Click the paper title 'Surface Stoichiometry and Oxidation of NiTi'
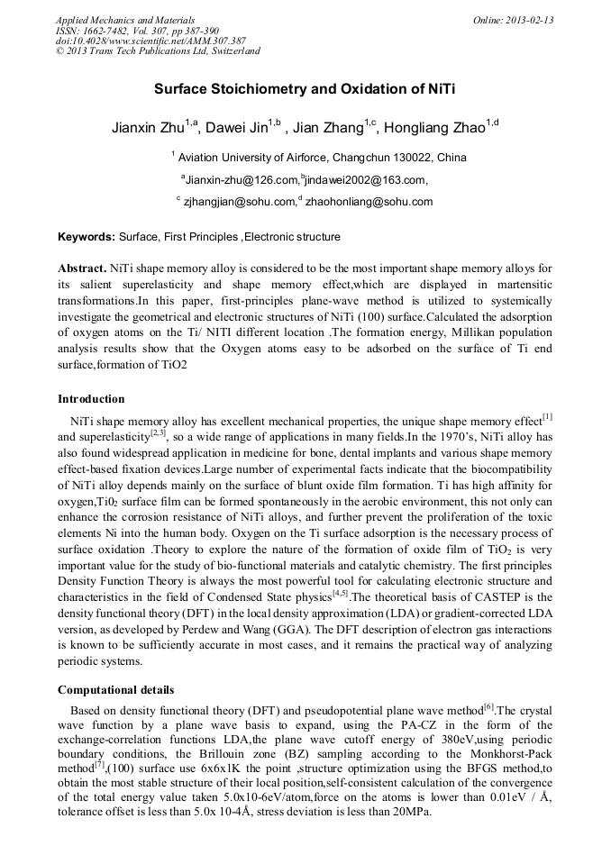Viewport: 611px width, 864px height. [x=305, y=90]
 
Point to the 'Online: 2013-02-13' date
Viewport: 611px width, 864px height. [x=513, y=20]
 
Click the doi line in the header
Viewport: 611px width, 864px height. [x=150, y=41]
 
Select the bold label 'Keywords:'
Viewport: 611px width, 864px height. [x=87, y=237]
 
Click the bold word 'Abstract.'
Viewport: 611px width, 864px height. [x=82, y=268]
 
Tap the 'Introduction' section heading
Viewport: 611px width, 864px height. [x=91, y=398]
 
